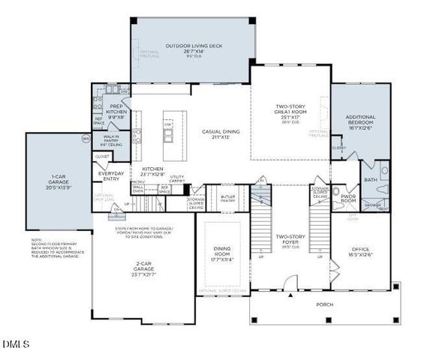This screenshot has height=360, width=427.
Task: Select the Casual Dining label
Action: coord(220,133)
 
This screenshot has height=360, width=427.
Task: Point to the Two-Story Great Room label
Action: coord(289,112)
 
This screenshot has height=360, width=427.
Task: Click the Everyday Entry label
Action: coord(112,176)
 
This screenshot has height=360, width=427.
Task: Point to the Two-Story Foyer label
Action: coord(290,239)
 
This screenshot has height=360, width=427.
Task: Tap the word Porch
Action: coord(324,304)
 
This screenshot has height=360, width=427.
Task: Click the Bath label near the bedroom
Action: coord(371,180)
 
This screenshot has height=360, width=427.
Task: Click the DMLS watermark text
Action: coord(15,344)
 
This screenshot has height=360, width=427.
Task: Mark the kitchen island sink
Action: coord(169,135)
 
